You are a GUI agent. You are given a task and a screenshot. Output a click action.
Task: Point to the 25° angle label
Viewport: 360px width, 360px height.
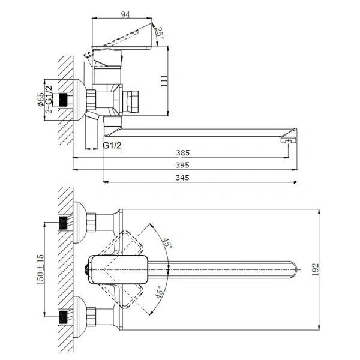[160, 33]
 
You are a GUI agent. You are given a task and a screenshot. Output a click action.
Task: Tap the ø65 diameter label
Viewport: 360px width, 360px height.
[40, 100]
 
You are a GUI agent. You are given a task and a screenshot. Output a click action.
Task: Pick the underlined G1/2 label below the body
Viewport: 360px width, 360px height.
[113, 146]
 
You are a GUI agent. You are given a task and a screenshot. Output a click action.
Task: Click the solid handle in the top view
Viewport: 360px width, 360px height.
[118, 271]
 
